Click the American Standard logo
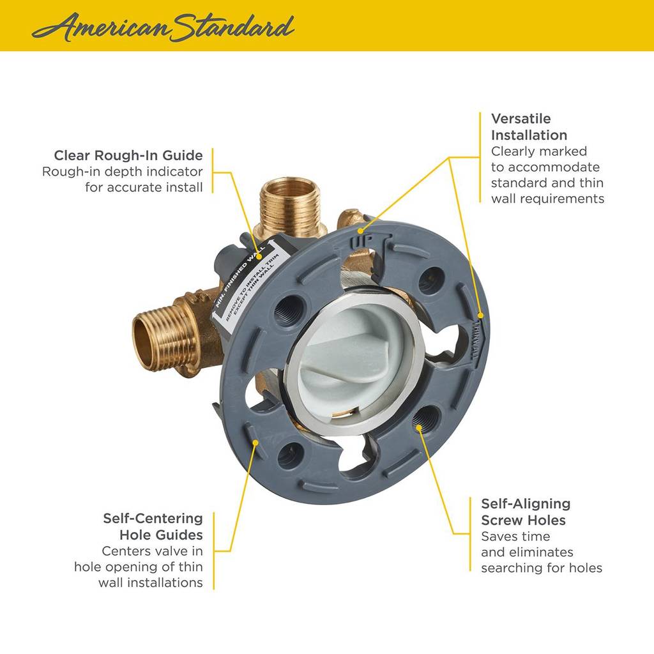pos(163,26)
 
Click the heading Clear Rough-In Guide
pos(128,155)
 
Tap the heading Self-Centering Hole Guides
pos(153,526)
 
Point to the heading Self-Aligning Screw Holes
pos(525,512)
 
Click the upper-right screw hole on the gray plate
pos(431,278)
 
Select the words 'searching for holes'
pos(541,568)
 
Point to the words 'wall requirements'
pos(547,199)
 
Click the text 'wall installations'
pos(151,582)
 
